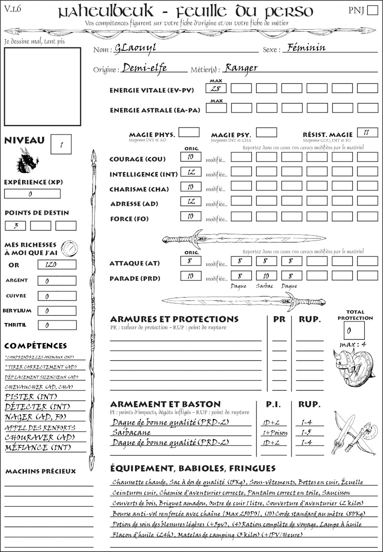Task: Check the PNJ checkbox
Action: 372,11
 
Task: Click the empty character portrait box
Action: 42,86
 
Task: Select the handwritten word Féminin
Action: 304,48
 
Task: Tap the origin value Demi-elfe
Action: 145,68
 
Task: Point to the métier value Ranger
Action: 241,68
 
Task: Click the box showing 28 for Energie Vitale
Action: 216,89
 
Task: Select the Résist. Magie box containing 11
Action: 367,133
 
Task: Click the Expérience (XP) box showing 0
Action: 33,194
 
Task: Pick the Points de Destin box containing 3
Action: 15,225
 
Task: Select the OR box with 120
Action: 56,264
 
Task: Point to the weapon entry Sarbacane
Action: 128,432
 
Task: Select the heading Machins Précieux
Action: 41,471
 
